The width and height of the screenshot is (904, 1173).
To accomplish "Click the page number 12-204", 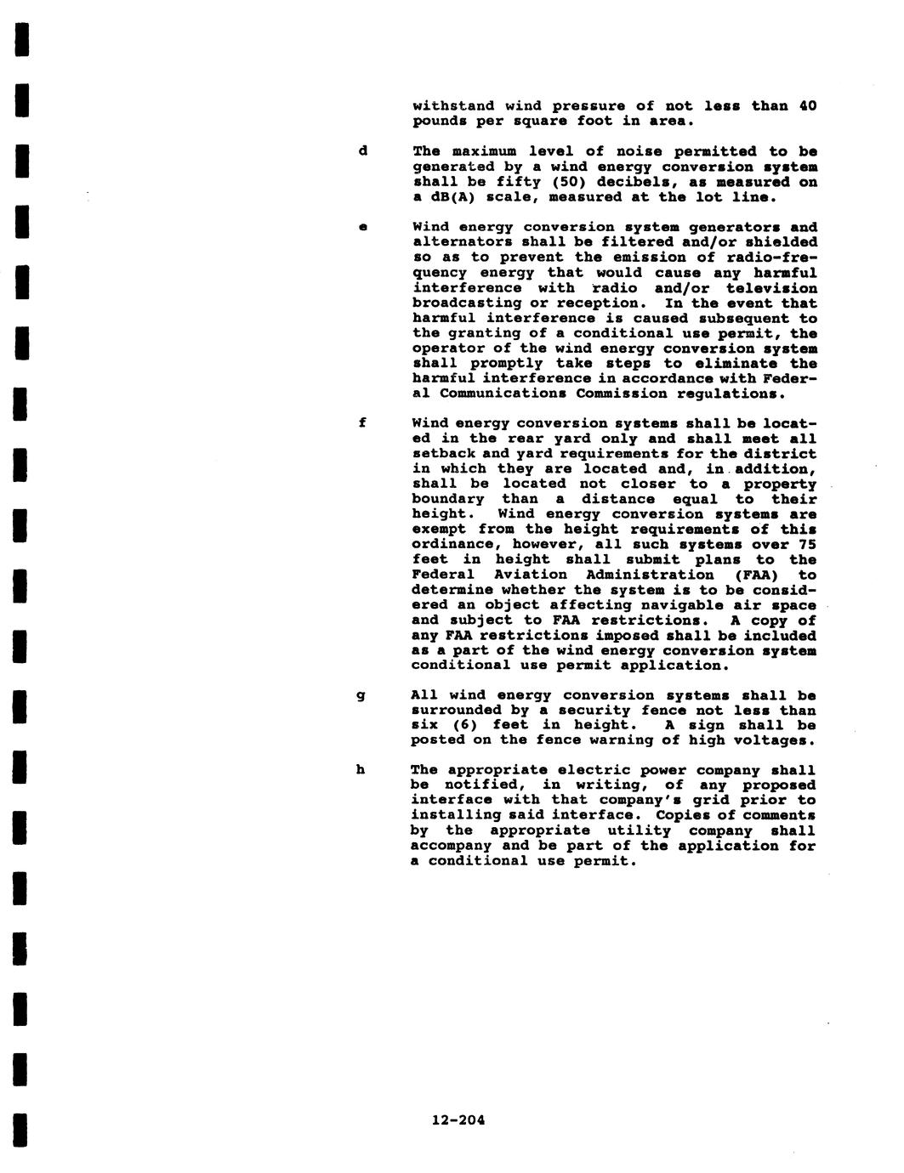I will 458,1119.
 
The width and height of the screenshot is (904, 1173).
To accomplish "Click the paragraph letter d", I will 363,151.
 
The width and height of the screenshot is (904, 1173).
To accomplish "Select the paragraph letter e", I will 363,227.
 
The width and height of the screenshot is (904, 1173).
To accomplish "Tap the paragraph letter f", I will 362,422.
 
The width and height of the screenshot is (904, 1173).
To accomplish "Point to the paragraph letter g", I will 361,695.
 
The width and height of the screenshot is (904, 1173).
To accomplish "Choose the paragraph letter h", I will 361,770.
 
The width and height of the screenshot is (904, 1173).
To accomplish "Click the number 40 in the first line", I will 807,106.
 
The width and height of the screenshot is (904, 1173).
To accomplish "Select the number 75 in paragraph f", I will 807,545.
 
